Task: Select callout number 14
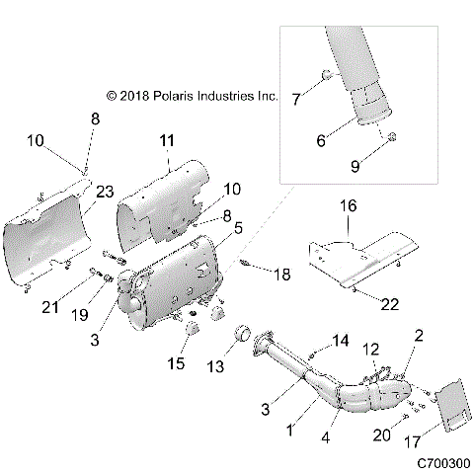click(342, 341)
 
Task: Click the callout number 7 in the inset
click(296, 97)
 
